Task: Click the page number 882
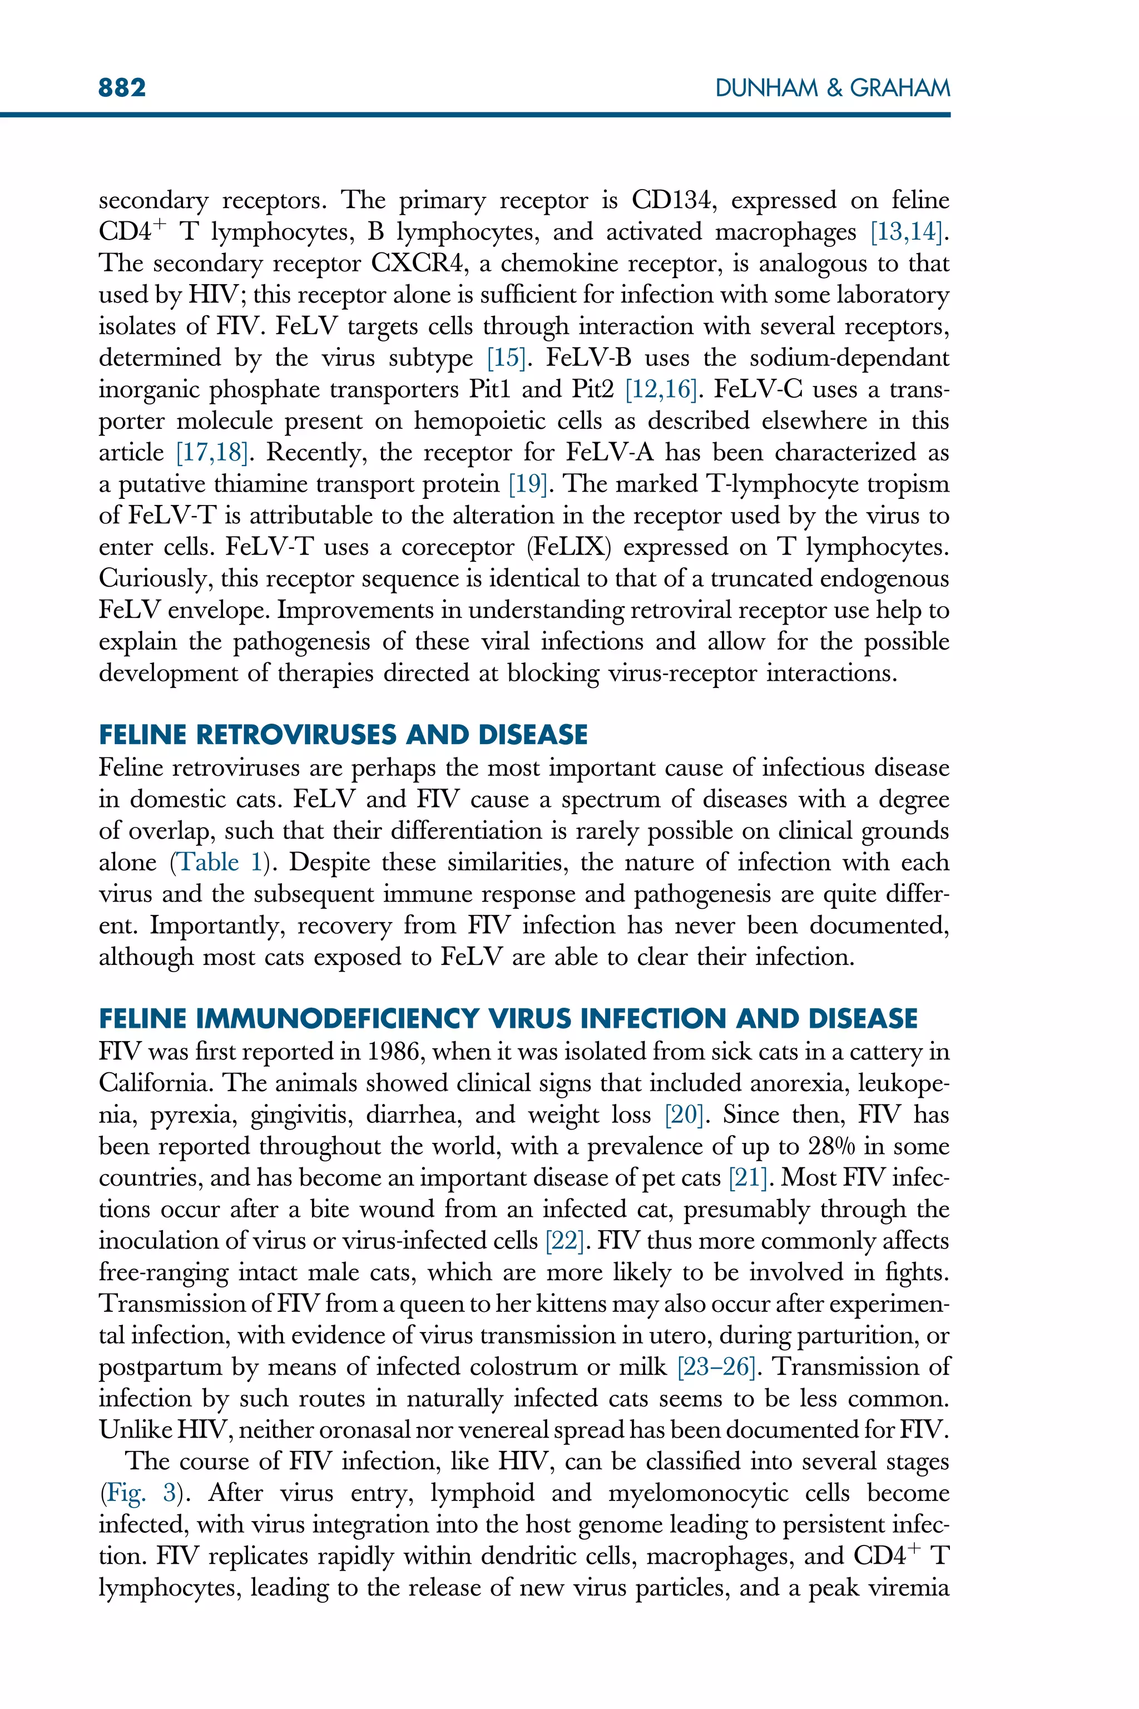click(x=122, y=88)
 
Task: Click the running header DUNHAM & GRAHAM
click(x=833, y=88)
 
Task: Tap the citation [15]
click(x=506, y=358)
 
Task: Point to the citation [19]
click(x=527, y=484)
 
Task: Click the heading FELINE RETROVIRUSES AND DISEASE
click(x=343, y=735)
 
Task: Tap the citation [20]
click(x=684, y=1115)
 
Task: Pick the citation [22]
click(x=565, y=1241)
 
